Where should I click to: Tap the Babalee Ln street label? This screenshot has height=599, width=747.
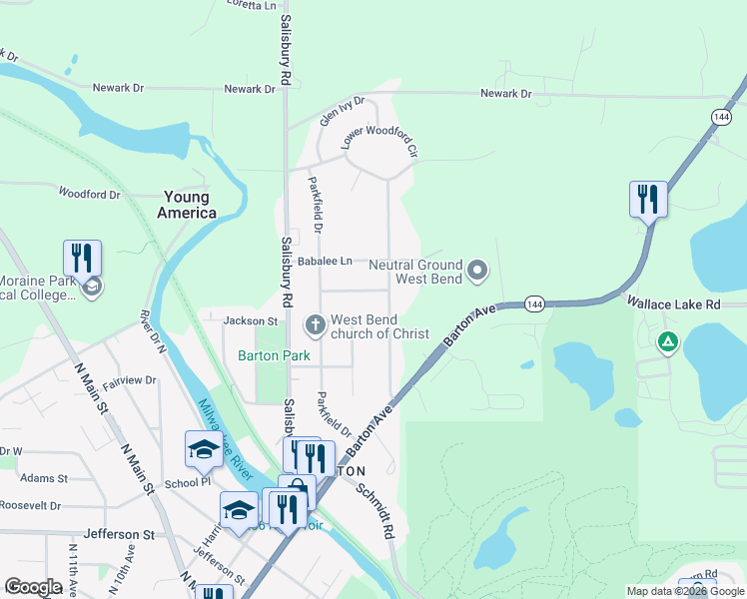point(326,262)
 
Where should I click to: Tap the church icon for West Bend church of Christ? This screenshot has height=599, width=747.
point(315,324)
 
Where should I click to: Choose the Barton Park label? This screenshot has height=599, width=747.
point(274,355)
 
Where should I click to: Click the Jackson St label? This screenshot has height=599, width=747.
point(251,321)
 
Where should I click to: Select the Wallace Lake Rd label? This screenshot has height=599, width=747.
point(673,302)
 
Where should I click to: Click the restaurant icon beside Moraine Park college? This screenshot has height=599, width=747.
point(82,258)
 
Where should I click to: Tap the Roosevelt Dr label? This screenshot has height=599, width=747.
point(30,505)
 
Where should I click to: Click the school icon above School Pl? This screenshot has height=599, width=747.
point(203,448)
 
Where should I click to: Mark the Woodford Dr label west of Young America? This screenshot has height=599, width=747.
point(89,193)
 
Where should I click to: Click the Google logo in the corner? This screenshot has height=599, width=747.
point(34,587)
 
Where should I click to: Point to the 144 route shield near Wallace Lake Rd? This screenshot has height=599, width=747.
point(534,303)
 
